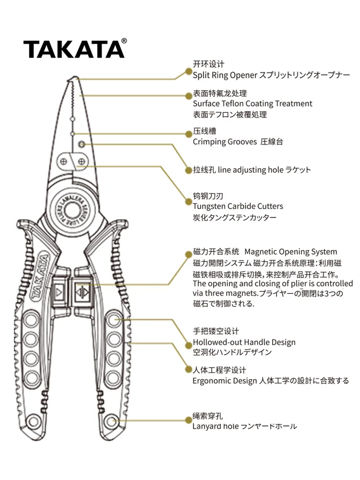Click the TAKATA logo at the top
pos(74,49)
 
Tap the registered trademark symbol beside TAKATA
pos(124,41)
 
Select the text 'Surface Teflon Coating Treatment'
pos(252,104)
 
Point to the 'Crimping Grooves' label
pos(225,142)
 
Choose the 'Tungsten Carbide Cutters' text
pos(238,206)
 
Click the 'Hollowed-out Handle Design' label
pos(244,342)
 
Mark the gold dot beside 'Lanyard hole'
pos(189,420)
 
